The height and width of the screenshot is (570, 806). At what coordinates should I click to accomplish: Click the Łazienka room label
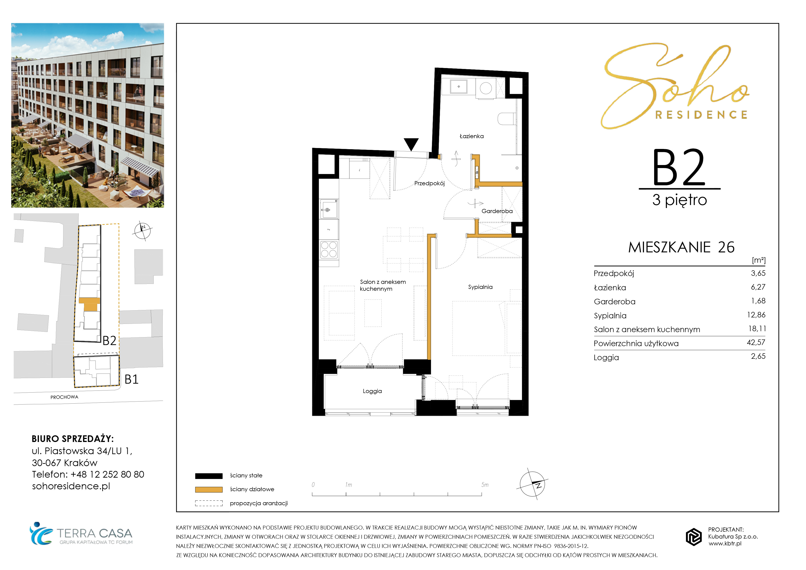coord(471,136)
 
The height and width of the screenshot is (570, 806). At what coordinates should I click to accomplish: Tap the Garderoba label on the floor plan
coord(497,211)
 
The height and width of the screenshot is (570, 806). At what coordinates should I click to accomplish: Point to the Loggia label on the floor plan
coord(372,391)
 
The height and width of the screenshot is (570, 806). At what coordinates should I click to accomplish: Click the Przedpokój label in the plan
coord(429,183)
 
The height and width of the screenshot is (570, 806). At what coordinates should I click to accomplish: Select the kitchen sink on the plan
coord(329,209)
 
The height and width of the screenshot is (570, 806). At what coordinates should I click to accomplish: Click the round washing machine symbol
coord(486,88)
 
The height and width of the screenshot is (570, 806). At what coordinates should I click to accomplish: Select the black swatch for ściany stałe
coord(209,476)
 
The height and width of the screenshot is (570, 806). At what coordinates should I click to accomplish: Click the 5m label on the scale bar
coord(485,485)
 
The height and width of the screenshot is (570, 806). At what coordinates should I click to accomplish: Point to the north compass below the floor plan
coord(532,484)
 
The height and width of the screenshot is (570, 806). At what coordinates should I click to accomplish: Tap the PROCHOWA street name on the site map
coord(64,397)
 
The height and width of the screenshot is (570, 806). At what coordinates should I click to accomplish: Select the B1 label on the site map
coord(132,379)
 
